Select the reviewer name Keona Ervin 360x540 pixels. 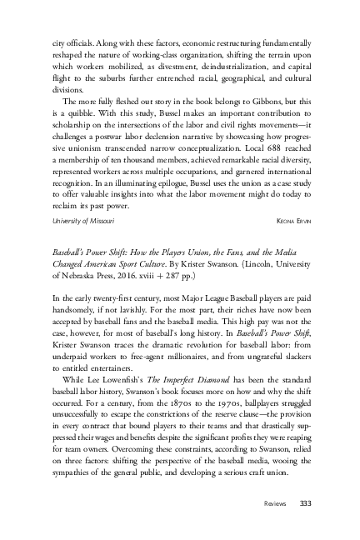click(292, 220)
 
